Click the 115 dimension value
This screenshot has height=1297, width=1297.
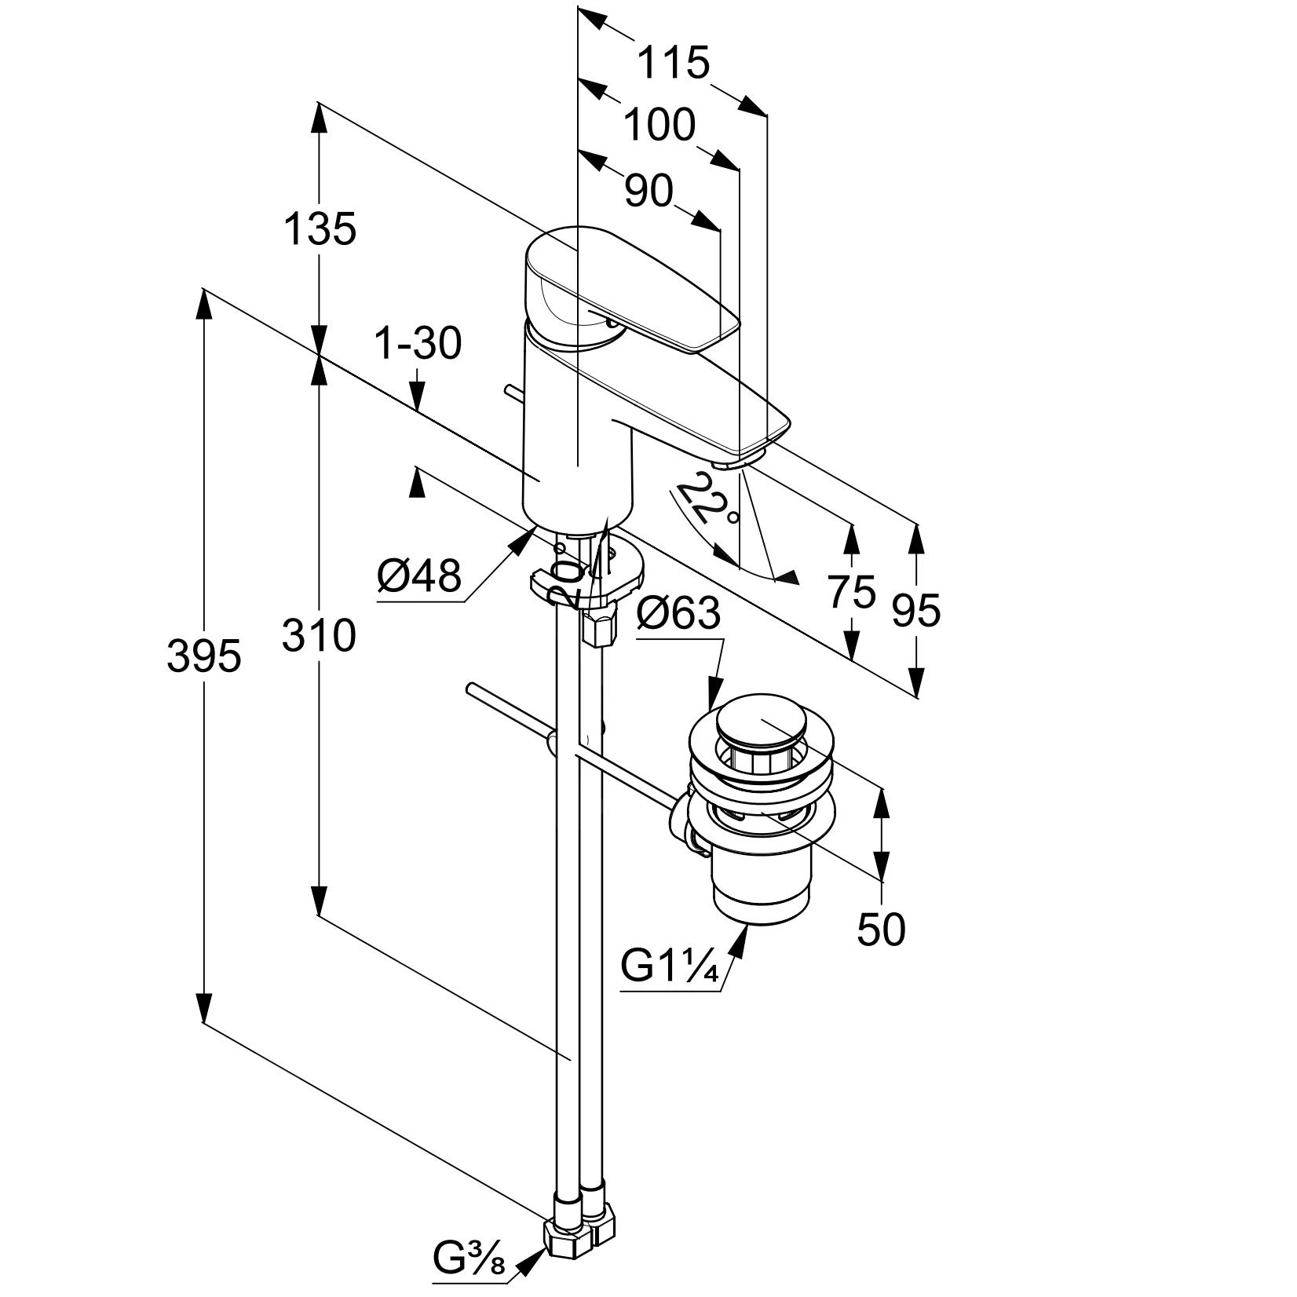pos(672,63)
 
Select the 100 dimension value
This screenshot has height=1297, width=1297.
pos(659,126)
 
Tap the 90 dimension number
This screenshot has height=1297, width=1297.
pos(649,191)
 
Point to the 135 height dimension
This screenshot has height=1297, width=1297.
pos(320,230)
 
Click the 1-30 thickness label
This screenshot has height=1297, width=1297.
pos(418,344)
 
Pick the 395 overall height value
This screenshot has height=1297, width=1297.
pos(203,656)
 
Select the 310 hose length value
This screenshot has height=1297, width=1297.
pos(319,636)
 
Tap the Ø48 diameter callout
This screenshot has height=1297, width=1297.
pos(418,578)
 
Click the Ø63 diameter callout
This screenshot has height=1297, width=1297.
pos(678,613)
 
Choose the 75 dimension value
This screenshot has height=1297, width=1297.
pos(851,592)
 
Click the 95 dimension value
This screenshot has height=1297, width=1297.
pos(915,610)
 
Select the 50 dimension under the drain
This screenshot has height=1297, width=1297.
pos(881,930)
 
